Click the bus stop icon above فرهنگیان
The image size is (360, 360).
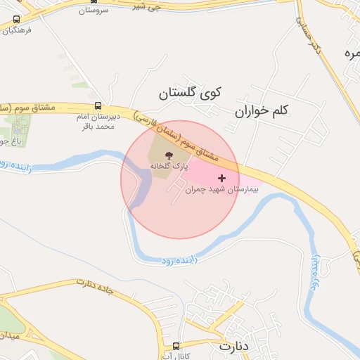tap(15, 20)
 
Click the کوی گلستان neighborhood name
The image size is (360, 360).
tap(189, 92)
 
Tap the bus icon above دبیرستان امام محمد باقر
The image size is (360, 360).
tap(97, 107)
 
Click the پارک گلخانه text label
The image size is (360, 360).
tap(169, 165)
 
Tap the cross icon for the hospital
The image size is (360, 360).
tap(222, 178)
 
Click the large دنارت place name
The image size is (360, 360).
tap(234, 347)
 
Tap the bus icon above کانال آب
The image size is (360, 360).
tap(176, 345)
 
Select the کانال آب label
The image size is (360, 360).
tap(177, 356)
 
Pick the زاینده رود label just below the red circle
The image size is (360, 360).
tap(179, 261)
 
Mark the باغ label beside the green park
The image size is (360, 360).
tap(6, 141)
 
